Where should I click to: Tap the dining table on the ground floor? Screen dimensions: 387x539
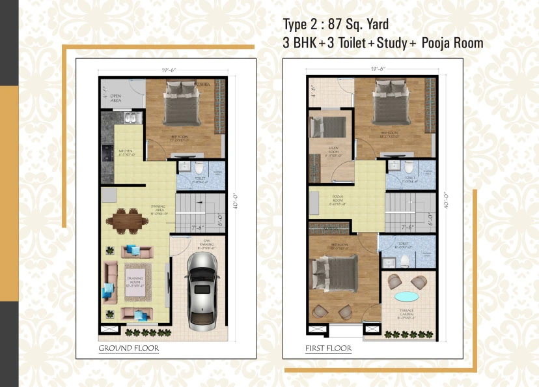coord(126,220)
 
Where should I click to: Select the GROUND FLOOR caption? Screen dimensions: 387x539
coord(128,349)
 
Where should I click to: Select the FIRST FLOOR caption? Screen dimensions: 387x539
coord(329,349)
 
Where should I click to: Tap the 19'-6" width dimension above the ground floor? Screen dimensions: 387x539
coord(164,69)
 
